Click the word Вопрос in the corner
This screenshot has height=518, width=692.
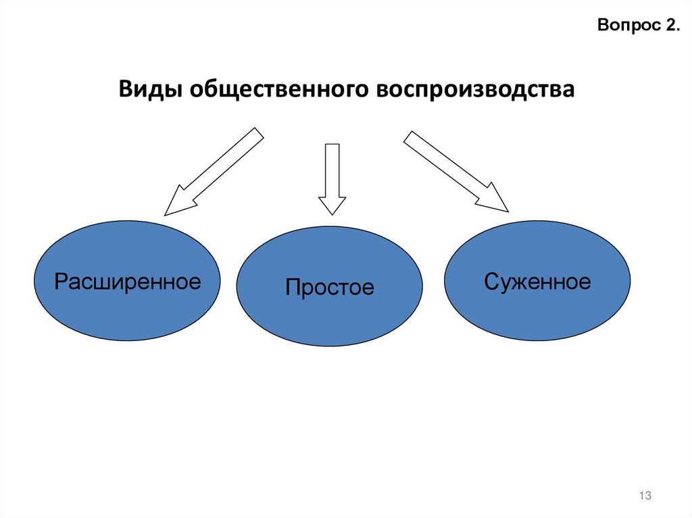(x=623, y=26)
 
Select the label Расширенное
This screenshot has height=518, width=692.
(x=128, y=281)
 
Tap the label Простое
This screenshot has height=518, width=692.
(x=329, y=287)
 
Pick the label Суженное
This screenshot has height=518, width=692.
(x=537, y=281)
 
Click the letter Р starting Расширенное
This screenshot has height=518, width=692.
(x=61, y=281)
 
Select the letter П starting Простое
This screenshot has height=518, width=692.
(x=292, y=287)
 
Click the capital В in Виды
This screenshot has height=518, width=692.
(x=127, y=89)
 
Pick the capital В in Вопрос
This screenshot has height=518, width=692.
(x=603, y=26)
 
